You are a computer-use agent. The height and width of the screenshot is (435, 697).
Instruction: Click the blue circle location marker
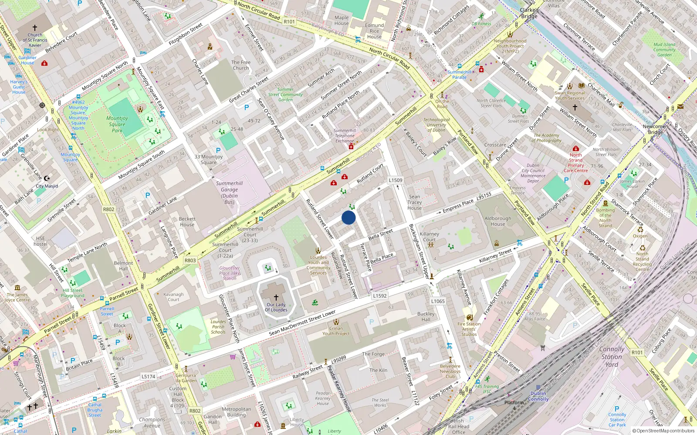click(x=348, y=217)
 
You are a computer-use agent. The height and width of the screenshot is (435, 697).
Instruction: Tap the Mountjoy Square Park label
click(x=117, y=124)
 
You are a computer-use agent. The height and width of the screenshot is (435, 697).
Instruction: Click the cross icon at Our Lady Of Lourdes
click(x=276, y=298)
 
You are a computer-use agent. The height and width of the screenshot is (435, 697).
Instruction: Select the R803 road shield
click(x=190, y=261)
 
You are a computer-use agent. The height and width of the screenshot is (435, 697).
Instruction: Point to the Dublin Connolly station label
click(x=538, y=396)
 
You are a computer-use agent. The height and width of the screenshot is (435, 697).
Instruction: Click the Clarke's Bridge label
click(x=529, y=13)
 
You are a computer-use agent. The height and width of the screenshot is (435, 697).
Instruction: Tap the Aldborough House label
click(x=498, y=221)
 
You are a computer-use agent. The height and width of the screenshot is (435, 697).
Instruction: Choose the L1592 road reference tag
click(x=380, y=296)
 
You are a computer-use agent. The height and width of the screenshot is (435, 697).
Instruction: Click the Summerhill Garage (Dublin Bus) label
click(x=229, y=193)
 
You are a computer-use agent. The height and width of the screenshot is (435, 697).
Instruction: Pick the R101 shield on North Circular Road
click(x=289, y=22)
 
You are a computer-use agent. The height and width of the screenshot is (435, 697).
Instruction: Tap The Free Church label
click(x=241, y=65)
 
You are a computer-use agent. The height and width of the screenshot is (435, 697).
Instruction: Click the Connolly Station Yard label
click(x=612, y=357)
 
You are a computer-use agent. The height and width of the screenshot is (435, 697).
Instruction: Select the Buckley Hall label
click(x=426, y=317)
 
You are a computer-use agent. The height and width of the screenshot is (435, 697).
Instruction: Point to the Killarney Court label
click(x=429, y=237)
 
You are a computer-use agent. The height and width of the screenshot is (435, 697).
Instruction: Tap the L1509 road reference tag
click(x=396, y=180)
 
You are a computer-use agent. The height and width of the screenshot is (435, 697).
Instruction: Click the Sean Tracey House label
click(x=415, y=202)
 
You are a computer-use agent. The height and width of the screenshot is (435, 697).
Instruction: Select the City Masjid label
click(x=47, y=186)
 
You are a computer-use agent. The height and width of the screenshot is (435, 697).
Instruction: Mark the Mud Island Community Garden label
click(x=664, y=50)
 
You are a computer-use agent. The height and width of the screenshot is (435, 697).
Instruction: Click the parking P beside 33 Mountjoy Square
click(x=218, y=151)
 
